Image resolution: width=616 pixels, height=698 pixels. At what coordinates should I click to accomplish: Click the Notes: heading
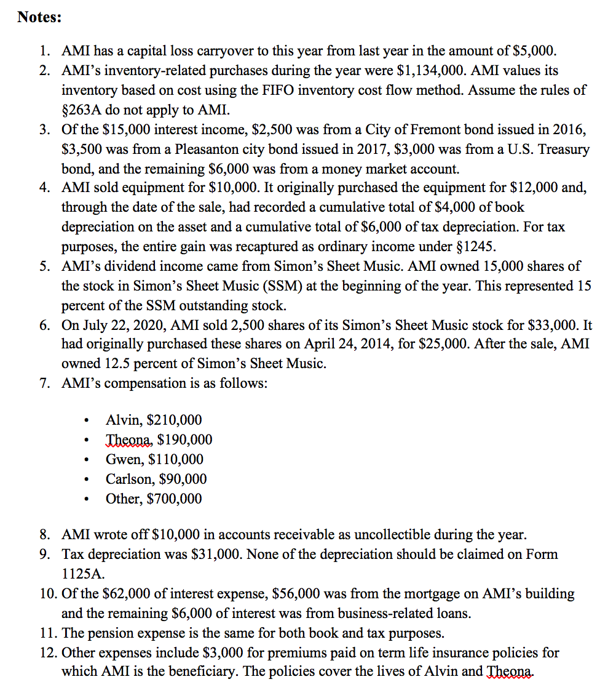[x=39, y=17]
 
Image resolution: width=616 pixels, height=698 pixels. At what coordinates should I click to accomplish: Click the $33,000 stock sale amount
[x=552, y=325]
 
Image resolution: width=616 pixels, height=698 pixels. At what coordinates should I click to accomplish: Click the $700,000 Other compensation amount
[x=175, y=499]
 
